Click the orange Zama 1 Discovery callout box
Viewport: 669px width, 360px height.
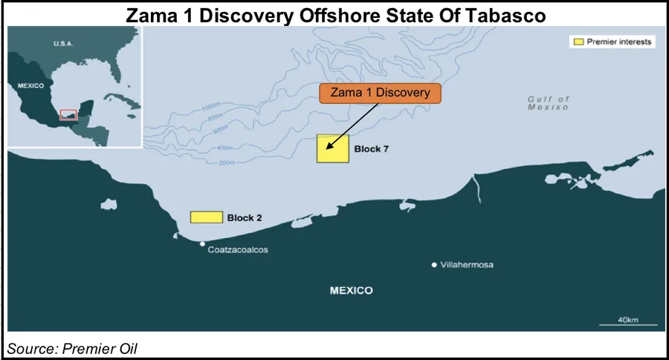(380, 93)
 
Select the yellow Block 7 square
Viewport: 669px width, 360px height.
(332, 148)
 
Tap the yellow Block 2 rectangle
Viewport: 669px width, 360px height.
(207, 216)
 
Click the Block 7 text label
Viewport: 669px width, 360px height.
(371, 150)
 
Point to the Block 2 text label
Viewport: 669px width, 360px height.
(245, 218)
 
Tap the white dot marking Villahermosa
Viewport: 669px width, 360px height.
(435, 264)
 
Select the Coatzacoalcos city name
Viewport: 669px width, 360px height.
(238, 250)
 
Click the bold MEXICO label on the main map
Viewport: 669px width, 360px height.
(351, 290)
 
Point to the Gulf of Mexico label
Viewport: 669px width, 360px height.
(548, 103)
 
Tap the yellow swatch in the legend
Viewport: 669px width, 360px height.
(575, 42)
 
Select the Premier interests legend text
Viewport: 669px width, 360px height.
(618, 42)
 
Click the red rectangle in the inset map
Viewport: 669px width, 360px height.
(68, 115)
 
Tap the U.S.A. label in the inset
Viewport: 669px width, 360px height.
(64, 44)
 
